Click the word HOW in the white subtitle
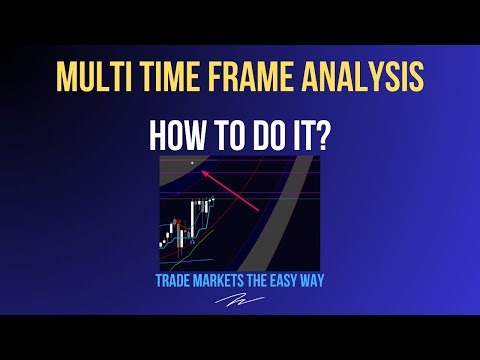172,135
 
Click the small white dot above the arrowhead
191,161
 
